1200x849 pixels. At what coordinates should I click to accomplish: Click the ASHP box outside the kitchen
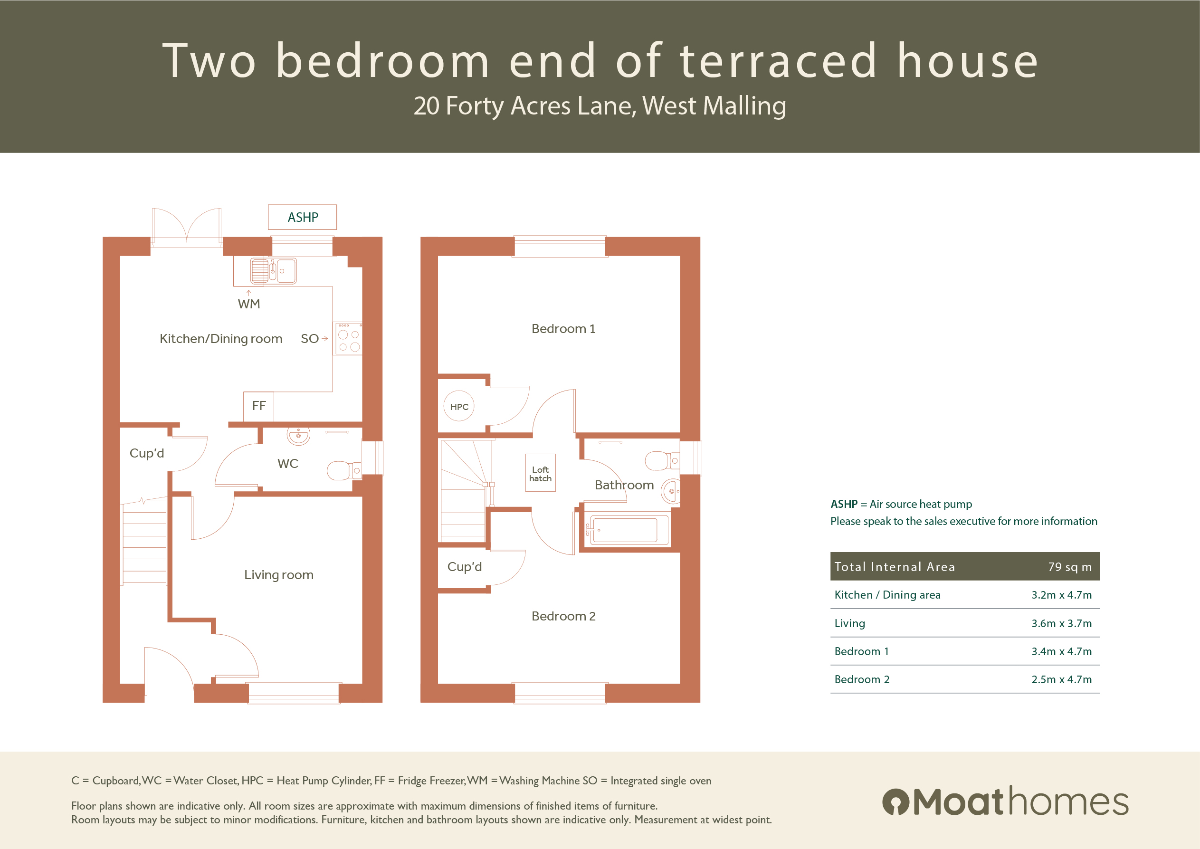point(302,217)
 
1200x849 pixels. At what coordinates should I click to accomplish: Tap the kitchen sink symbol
point(273,271)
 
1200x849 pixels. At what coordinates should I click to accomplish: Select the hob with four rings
point(349,339)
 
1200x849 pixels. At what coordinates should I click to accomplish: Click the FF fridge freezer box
point(259,406)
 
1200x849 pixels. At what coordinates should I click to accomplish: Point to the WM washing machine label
point(249,304)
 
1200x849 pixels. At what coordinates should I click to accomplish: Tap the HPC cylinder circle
point(459,406)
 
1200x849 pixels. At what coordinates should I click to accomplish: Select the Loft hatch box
point(541,473)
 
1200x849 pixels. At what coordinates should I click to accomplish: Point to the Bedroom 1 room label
point(563,329)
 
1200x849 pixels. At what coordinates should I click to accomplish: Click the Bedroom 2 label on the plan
point(563,616)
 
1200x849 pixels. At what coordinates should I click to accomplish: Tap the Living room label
point(278,575)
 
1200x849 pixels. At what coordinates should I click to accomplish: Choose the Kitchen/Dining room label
point(220,339)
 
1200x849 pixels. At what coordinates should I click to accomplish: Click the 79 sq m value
point(1069,567)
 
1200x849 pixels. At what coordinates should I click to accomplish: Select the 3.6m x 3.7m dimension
point(1061,623)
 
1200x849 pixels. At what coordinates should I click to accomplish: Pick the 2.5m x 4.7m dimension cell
point(1061,679)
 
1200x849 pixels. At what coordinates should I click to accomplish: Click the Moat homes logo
point(1005,801)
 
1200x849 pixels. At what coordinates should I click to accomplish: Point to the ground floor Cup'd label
point(147,453)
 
